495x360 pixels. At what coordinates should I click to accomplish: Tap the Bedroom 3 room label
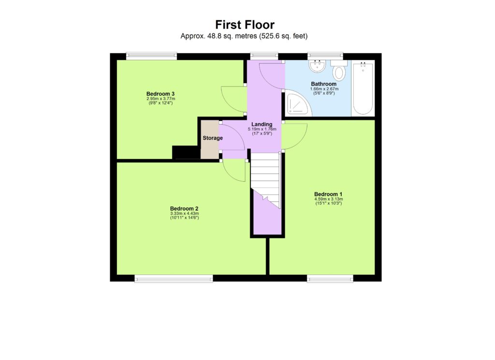coord(160,94)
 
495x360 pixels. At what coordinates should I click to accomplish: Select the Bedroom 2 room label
coord(184,209)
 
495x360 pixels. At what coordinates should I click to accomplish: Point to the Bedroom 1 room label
coord(328,194)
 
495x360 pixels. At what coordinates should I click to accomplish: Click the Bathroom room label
coord(323,84)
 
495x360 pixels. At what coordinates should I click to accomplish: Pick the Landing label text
coord(262,124)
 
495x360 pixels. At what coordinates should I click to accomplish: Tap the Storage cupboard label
coord(213,138)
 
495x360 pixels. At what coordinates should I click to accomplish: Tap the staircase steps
coord(265,179)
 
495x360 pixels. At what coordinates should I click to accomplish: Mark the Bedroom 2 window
coord(174,278)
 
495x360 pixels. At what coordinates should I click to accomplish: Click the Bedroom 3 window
coord(151,56)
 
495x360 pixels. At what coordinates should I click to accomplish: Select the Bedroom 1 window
coord(330,278)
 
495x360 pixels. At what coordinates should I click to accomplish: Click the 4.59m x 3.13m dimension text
coord(328,199)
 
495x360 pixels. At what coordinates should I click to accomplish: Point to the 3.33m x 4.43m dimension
coord(184,214)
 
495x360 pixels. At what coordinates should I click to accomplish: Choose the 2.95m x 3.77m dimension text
coord(160,99)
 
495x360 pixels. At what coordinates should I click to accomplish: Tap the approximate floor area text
coord(244,36)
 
